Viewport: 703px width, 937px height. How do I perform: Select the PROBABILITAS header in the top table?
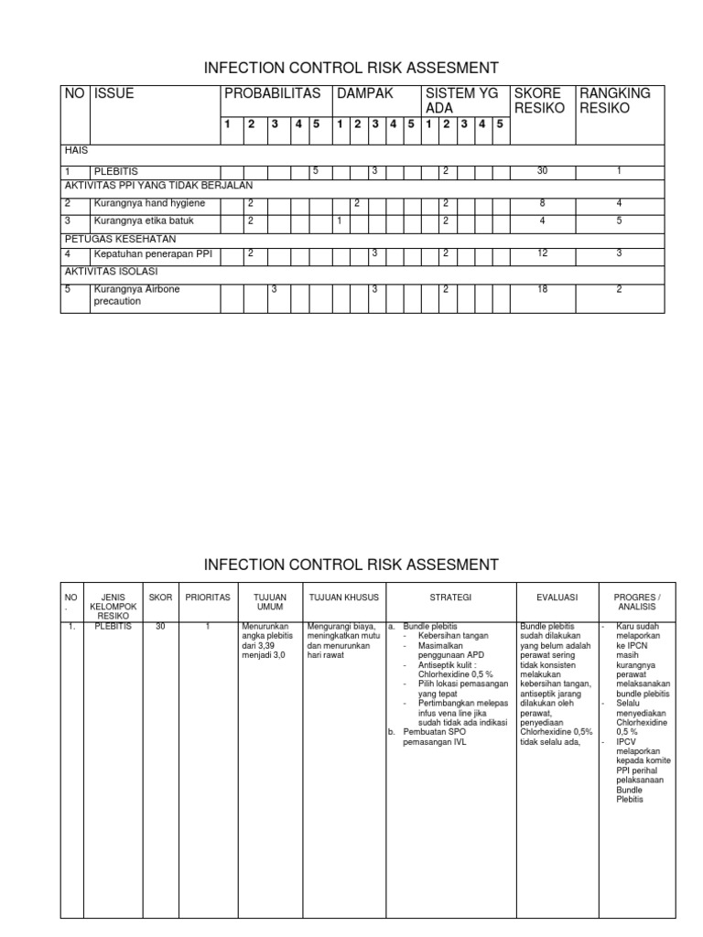pyautogui.click(x=273, y=93)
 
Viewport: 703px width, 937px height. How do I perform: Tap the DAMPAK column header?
pyautogui.click(x=364, y=93)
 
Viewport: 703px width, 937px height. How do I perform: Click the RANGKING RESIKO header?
pyautogui.click(x=615, y=101)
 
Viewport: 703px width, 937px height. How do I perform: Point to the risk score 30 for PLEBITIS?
pyautogui.click(x=543, y=171)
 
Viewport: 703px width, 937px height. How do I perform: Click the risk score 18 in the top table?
pyautogui.click(x=543, y=289)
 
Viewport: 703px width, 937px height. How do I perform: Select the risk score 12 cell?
pyautogui.click(x=543, y=253)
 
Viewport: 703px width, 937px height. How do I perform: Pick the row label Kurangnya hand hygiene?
pyautogui.click(x=149, y=203)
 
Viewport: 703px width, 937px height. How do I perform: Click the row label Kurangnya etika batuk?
pyautogui.click(x=144, y=221)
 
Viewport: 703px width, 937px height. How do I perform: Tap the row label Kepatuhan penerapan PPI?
pyautogui.click(x=152, y=253)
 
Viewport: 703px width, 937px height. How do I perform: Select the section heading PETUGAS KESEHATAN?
pyautogui.click(x=107, y=238)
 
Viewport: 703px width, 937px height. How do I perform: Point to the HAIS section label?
pyautogui.click(x=75, y=150)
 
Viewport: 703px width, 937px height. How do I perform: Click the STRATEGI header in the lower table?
pyautogui.click(x=452, y=597)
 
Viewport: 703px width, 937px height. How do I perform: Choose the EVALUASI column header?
pyautogui.click(x=557, y=597)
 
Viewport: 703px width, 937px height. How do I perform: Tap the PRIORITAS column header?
pyautogui.click(x=208, y=597)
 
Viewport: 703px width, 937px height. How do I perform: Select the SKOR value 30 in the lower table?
pyautogui.click(x=160, y=627)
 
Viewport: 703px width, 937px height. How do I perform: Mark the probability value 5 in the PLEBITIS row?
pyautogui.click(x=315, y=171)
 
